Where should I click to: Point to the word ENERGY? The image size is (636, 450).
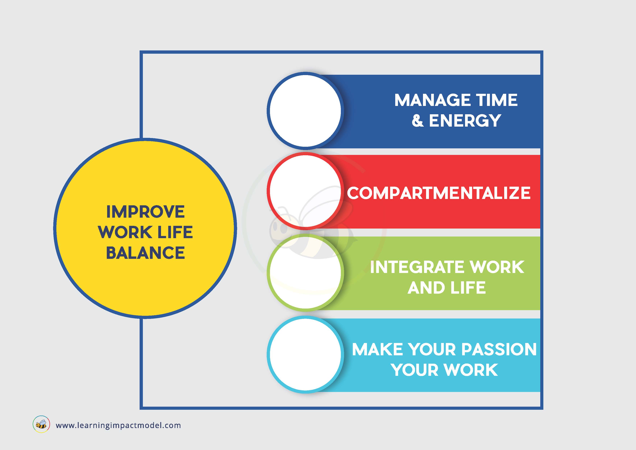[x=465, y=121]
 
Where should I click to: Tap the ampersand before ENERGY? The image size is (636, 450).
[x=418, y=121]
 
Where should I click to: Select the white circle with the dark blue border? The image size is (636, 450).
[x=305, y=111]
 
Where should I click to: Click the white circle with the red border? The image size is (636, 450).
[x=305, y=191]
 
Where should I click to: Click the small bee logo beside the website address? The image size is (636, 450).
[x=41, y=424]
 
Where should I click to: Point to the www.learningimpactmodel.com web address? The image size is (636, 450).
[x=118, y=425]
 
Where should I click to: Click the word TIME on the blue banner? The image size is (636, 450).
[x=497, y=100]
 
